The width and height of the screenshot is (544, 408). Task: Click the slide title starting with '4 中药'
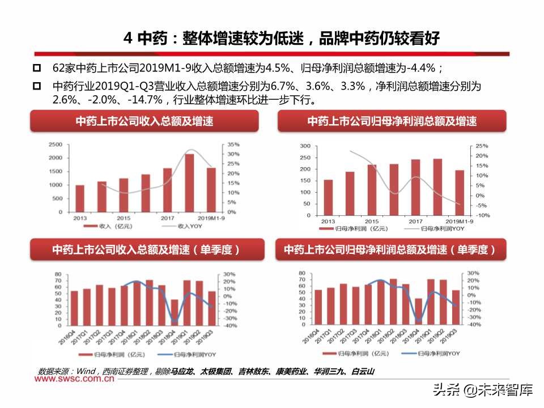(282, 38)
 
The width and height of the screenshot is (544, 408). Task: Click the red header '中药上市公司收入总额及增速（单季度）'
(146, 249)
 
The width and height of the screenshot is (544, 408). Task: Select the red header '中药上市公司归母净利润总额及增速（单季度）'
(390, 249)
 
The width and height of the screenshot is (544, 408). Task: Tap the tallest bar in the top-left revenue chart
(189, 184)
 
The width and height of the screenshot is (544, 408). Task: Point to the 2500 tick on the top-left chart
(54, 144)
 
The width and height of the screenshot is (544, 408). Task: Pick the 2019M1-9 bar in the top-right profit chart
(459, 193)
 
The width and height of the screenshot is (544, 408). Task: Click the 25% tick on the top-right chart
(481, 146)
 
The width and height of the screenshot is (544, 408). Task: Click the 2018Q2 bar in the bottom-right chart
(393, 302)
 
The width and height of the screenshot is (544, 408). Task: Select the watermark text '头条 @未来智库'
(482, 390)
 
